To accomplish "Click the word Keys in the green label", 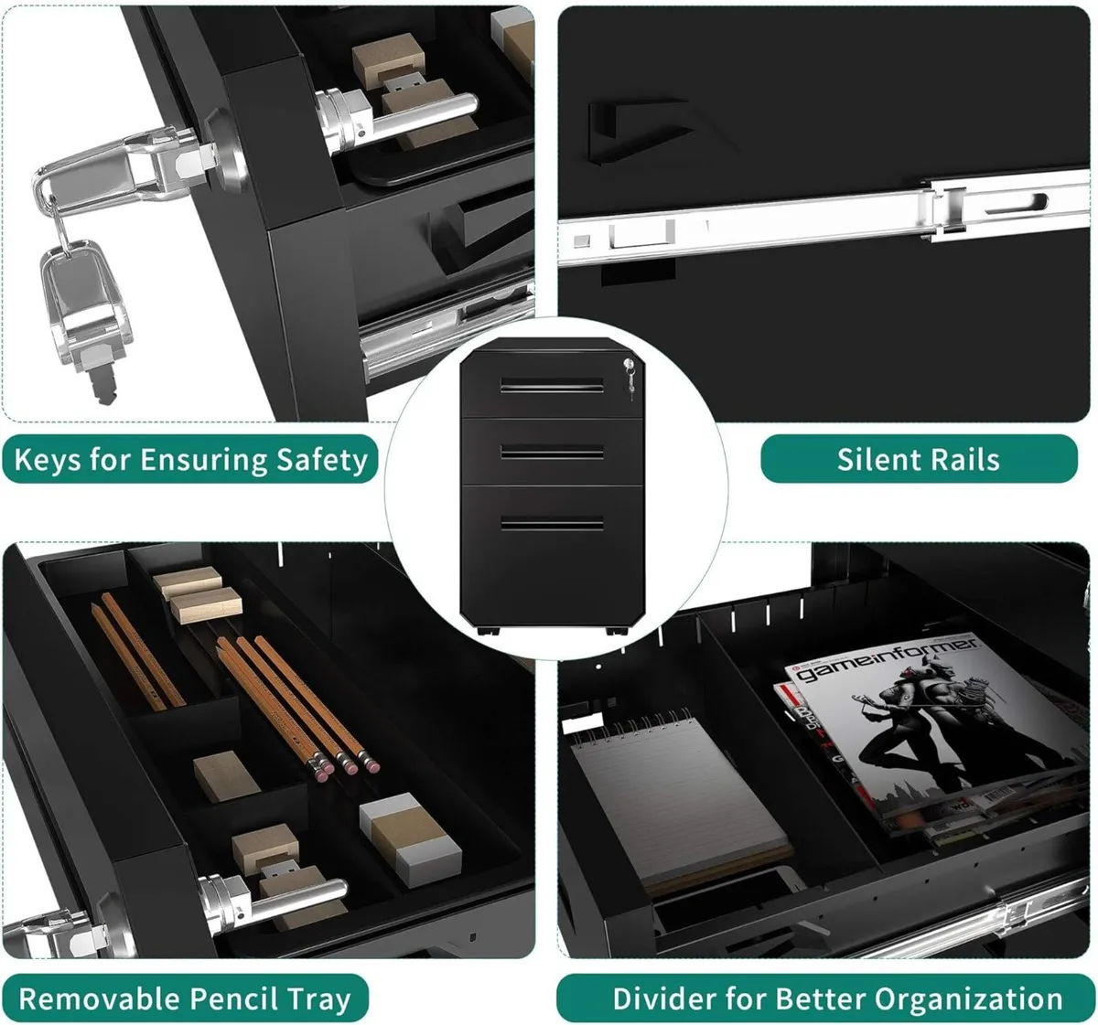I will click(x=48, y=459).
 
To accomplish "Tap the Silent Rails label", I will click(x=918, y=459).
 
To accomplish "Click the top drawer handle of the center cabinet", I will click(x=551, y=386).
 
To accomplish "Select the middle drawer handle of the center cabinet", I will click(x=551, y=452).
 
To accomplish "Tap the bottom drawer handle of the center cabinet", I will click(x=551, y=524).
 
